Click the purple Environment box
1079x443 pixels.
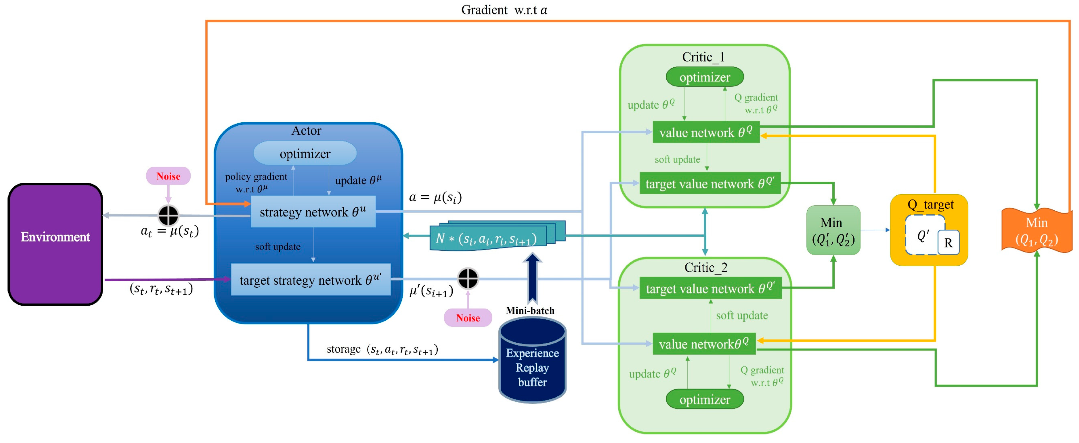point(55,244)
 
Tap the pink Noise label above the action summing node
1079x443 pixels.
point(168,176)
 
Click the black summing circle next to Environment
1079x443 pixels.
point(168,216)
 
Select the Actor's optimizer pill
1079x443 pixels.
point(305,153)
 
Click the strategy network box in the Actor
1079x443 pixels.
point(313,212)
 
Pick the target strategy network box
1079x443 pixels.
point(310,280)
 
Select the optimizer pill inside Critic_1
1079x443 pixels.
point(704,77)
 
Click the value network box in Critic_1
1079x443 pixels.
point(706,132)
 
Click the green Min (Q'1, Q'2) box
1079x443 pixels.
point(833,230)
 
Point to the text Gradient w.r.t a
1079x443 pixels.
point(504,10)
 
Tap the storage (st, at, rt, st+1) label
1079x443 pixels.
point(382,349)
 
